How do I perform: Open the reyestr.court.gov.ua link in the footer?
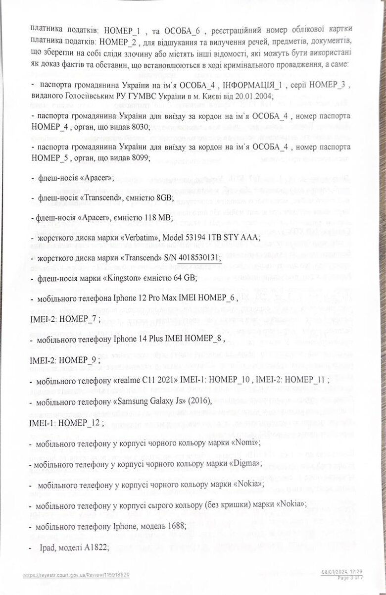pos(77,575)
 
